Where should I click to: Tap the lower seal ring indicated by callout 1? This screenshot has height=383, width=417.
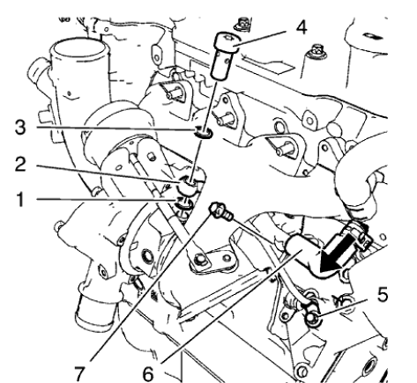pyautogui.click(x=187, y=205)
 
